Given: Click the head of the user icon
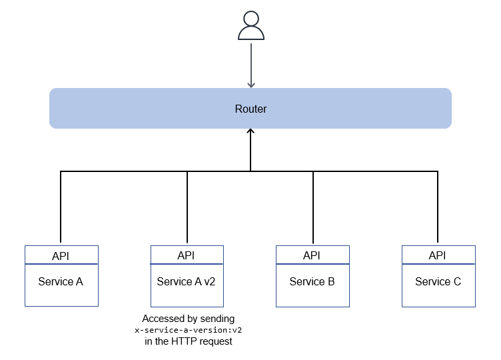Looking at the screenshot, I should (x=250, y=19).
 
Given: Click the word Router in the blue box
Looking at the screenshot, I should (x=250, y=109).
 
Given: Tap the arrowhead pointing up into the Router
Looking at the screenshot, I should (x=250, y=132).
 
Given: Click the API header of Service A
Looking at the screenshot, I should (x=61, y=255).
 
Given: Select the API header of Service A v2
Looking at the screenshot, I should (x=187, y=255).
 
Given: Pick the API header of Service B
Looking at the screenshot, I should (x=312, y=255).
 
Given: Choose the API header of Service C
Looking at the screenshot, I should (x=438, y=255).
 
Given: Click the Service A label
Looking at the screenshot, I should (x=61, y=281).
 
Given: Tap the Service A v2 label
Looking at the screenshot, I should (x=187, y=281).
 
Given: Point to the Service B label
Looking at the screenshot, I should (x=312, y=281).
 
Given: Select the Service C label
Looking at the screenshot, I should (x=438, y=281).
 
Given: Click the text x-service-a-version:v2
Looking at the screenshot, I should (x=189, y=331).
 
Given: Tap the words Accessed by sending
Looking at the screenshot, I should (x=189, y=319).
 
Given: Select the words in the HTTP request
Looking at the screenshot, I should (x=189, y=342).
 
